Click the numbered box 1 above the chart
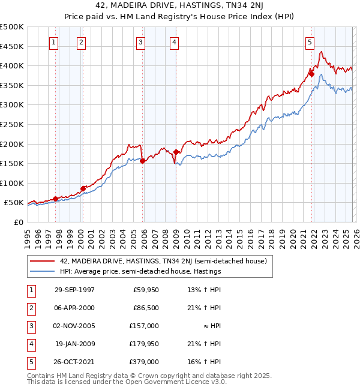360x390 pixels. pyautogui.click(x=55, y=42)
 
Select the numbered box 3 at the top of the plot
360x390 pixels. pyautogui.click(x=140, y=42)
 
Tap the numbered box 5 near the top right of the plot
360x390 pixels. pyautogui.click(x=310, y=42)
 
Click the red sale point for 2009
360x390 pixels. pyautogui.click(x=176, y=152)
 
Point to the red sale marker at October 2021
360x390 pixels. pyautogui.click(x=312, y=74)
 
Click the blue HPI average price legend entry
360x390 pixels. pyautogui.click(x=140, y=271)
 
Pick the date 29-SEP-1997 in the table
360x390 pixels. pyautogui.click(x=74, y=290)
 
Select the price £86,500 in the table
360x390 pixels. pyautogui.click(x=146, y=308)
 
